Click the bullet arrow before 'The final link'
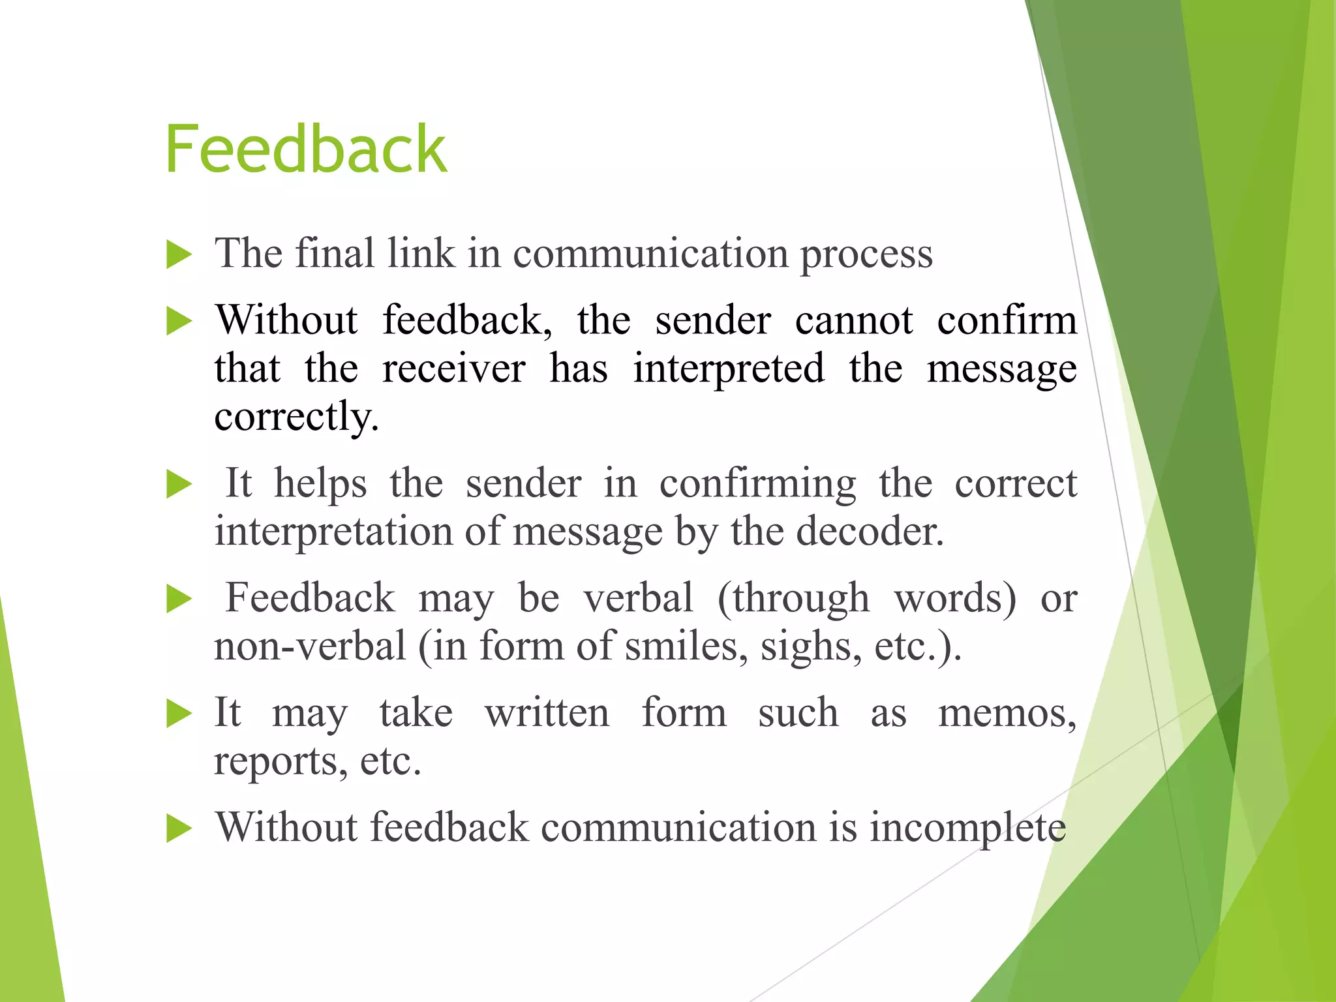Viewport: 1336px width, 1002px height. coord(179,254)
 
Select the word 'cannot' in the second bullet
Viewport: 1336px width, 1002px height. coord(854,320)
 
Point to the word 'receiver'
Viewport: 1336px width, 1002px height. coord(453,369)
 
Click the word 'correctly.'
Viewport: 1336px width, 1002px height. coord(296,417)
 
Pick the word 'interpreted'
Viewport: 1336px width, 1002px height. coord(729,369)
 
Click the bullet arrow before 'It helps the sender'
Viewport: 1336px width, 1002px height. coord(179,485)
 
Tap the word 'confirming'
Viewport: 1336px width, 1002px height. coord(757,485)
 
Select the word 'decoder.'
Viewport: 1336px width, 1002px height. coord(870,532)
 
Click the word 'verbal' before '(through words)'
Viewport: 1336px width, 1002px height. coord(638,598)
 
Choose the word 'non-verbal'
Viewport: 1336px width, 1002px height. coord(310,646)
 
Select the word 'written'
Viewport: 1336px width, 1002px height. coord(547,712)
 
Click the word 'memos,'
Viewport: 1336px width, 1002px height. coord(1007,714)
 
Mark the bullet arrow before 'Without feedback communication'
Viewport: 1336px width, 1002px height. coord(179,829)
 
